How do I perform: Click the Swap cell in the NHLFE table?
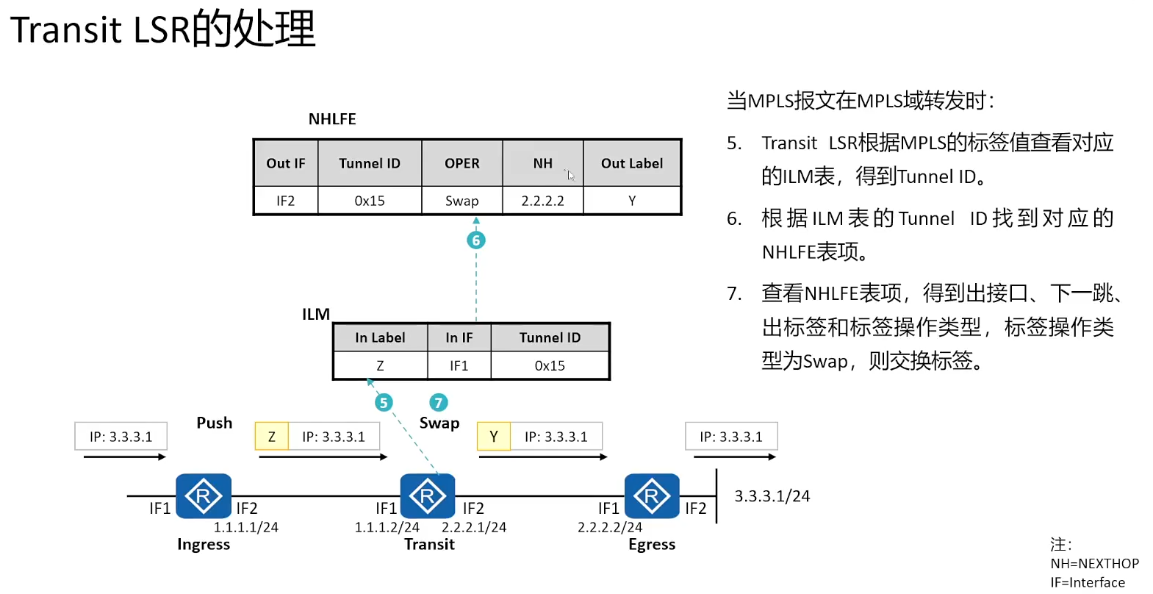click(x=461, y=201)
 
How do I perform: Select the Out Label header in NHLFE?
click(x=631, y=163)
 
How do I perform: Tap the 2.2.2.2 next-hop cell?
click(x=542, y=201)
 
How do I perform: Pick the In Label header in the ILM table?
click(x=380, y=337)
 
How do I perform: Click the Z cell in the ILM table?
click(x=380, y=365)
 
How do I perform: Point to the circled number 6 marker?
click(x=476, y=240)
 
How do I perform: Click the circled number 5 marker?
click(x=384, y=403)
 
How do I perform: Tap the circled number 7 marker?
click(x=439, y=403)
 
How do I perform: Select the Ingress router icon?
click(x=204, y=496)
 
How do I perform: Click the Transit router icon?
click(x=428, y=496)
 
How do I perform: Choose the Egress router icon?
click(x=652, y=496)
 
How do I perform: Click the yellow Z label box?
click(x=272, y=437)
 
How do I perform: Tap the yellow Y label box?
click(x=494, y=437)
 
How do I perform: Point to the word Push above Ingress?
click(x=215, y=423)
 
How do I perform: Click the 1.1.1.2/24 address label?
click(x=387, y=527)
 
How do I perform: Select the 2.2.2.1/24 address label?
click(x=474, y=527)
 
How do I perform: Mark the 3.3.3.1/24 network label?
click(x=772, y=496)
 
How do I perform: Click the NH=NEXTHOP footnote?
click(x=1094, y=564)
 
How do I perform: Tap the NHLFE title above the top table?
click(x=332, y=119)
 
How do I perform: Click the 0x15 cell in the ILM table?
click(x=550, y=365)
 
